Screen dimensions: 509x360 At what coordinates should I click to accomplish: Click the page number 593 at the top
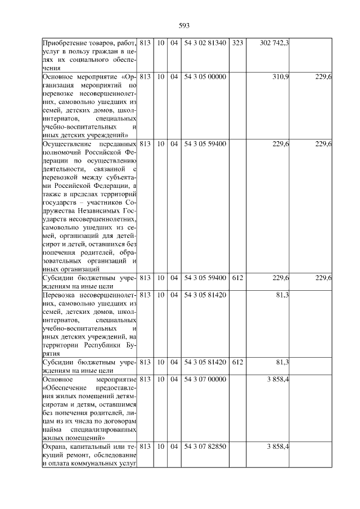point(184,25)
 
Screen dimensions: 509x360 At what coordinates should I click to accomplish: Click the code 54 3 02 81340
point(205,43)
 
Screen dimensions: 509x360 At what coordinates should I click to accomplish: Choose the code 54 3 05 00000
point(205,76)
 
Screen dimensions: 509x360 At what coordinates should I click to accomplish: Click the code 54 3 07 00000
point(205,380)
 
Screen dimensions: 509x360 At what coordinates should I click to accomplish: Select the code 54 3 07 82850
point(205,446)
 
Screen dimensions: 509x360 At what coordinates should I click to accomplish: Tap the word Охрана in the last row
point(55,447)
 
